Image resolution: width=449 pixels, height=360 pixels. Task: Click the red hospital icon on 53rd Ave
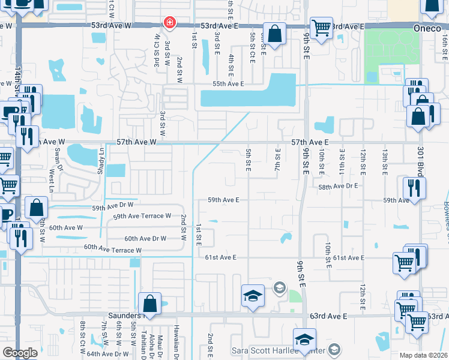click(170, 23)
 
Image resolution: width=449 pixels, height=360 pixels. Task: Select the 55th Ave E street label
click(225, 84)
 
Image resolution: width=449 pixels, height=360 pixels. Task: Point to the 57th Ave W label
click(136, 142)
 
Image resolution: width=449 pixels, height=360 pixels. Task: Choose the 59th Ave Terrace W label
click(142, 216)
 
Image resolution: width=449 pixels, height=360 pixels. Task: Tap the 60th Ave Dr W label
click(145, 238)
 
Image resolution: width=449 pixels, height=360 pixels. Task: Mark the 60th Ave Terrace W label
click(113, 249)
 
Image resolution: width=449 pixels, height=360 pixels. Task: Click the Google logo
click(20, 353)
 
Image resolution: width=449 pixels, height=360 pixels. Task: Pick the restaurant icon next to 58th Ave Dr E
click(414, 187)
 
